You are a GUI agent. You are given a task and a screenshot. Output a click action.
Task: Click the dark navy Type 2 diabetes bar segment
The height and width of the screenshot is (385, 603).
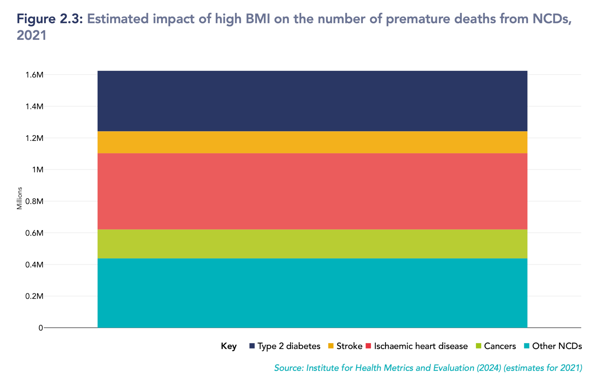312,101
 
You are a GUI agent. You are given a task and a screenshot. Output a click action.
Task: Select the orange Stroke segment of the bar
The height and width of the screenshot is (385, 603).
312,142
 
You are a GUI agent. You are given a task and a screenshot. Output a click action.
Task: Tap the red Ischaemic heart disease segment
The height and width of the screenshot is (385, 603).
312,191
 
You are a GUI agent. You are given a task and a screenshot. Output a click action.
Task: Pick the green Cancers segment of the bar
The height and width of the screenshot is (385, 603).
312,244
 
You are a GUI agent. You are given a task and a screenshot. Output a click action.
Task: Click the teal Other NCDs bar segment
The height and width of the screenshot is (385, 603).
312,293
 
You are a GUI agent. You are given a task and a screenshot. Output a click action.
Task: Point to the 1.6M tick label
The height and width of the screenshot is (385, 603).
34,75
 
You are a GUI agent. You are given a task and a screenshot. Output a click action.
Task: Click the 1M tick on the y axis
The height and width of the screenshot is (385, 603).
37,170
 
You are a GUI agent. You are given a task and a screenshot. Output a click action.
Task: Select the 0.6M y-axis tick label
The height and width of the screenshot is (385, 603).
34,233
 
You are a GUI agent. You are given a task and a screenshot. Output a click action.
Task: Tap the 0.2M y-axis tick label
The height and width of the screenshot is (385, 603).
34,296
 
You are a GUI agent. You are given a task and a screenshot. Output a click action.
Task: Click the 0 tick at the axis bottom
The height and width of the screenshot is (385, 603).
41,328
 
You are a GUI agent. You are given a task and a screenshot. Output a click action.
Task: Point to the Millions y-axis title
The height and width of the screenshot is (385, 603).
19,198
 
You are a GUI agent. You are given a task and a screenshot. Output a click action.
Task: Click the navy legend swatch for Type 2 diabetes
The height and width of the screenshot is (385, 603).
252,346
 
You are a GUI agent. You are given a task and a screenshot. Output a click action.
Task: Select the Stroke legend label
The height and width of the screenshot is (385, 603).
349,346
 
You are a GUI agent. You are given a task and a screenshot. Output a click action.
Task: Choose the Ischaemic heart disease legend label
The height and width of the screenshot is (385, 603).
421,346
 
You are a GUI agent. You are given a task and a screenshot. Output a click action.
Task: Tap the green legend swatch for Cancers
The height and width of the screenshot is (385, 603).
478,346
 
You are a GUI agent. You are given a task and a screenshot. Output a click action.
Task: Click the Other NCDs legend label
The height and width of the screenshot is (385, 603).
557,346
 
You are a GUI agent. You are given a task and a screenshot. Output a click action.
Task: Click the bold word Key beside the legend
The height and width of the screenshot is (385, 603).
229,346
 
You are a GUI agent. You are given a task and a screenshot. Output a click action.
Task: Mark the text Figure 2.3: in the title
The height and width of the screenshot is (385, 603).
50,19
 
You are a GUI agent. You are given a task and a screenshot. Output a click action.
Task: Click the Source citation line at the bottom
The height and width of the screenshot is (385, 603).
428,368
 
